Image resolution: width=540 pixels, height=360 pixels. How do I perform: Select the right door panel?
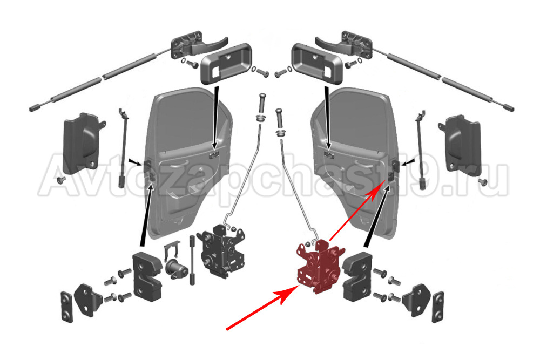pos(355,162)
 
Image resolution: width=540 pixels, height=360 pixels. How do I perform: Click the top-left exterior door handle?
pos(199,46)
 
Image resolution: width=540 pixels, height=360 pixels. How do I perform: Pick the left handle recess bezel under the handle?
pos(226,63)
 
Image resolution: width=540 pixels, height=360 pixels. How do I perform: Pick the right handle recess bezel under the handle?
pos(317,63)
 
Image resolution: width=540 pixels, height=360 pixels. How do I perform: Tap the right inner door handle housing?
pos(460,144)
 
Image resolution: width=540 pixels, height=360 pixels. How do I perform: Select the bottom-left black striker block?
pos(147,276)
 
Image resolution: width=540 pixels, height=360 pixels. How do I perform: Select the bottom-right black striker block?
pos(359,276)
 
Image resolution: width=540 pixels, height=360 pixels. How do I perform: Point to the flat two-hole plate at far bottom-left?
pos(67,307)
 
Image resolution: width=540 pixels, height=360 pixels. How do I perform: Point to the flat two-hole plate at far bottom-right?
pos(438,307)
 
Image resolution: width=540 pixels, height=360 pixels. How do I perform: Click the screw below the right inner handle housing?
pos(483,181)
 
